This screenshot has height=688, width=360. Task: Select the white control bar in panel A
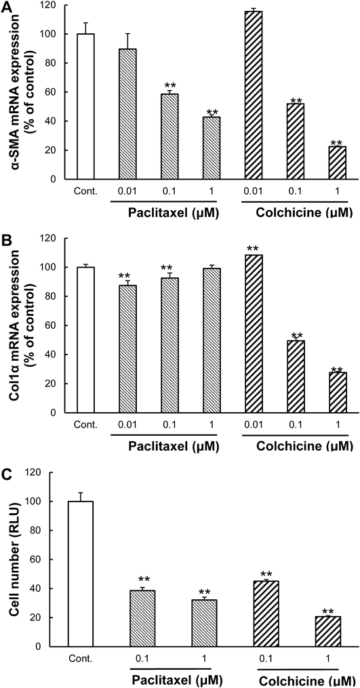85,106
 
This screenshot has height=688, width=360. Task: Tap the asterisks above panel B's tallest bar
254,249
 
